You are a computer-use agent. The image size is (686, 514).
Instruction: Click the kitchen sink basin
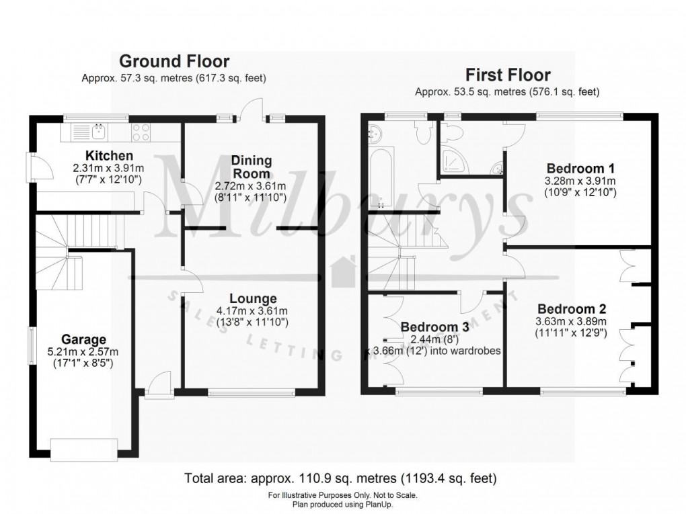[x=96, y=132]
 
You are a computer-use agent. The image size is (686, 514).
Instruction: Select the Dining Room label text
[x=252, y=167]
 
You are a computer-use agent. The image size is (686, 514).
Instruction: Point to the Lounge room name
[x=253, y=298]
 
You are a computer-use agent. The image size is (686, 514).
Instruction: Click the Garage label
[x=84, y=339]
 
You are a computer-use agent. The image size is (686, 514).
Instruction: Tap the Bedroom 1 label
[x=580, y=168]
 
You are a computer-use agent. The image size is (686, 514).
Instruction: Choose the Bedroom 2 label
[x=572, y=309]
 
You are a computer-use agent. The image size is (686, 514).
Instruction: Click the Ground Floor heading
[x=174, y=62]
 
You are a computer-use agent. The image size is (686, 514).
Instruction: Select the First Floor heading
[x=508, y=75]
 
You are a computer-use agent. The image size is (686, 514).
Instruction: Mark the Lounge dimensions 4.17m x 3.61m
[x=253, y=311]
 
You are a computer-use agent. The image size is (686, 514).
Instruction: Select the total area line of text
[x=341, y=479]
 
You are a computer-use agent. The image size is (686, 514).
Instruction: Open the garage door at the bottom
[x=86, y=449]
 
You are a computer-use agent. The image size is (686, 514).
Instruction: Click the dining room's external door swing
[x=254, y=109]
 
